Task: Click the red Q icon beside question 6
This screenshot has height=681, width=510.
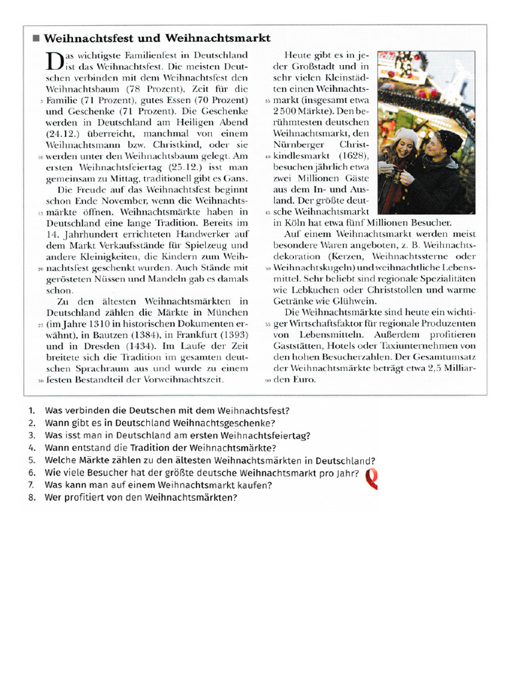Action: click(372, 477)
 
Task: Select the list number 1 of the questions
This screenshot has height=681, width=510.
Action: click(32, 410)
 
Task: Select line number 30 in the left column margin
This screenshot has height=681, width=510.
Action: click(41, 380)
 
